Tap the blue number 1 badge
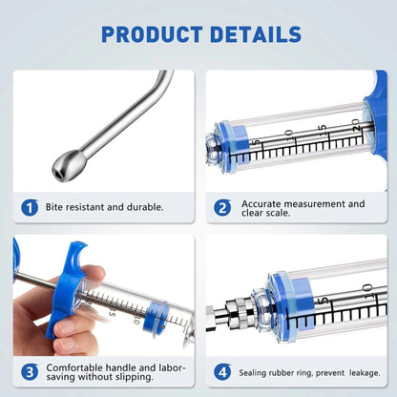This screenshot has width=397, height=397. coord(31,206)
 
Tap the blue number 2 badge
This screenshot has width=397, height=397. coord(222,206)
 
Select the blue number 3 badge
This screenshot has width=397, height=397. coord(31,370)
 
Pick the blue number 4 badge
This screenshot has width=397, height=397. coord(222,370)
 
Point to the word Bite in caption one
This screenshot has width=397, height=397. coord(59,206)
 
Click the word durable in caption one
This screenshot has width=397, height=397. coord(143,206)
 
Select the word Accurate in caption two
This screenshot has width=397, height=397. coord(263,203)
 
